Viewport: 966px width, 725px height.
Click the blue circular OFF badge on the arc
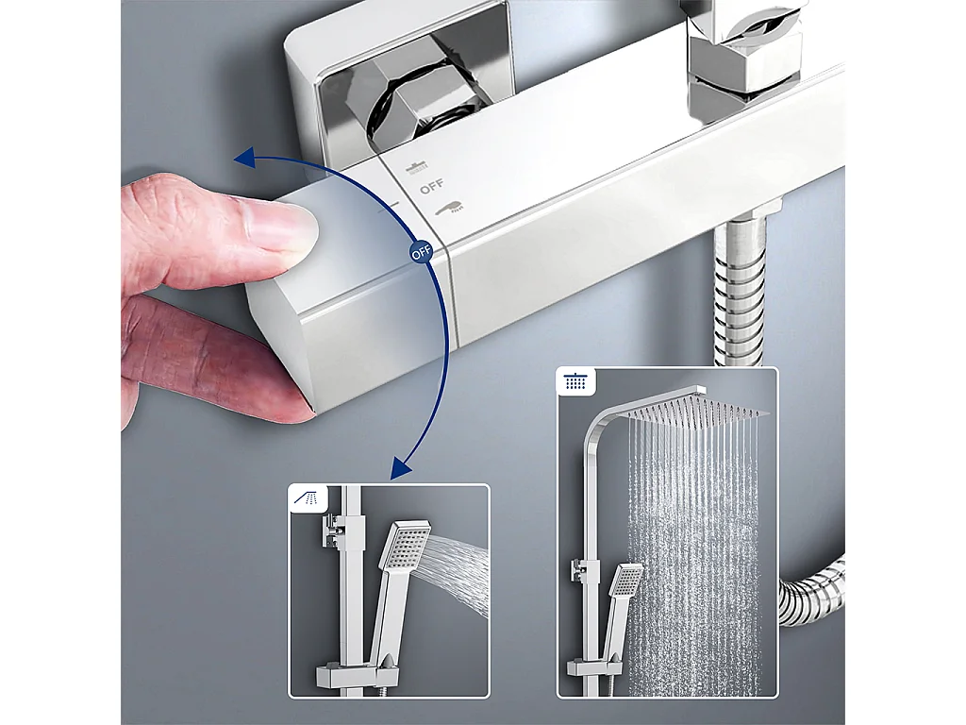coord(420,253)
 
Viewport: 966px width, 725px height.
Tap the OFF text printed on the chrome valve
coord(431,187)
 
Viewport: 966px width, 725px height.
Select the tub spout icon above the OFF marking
coord(417,167)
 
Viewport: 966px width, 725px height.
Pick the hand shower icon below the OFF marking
coord(452,206)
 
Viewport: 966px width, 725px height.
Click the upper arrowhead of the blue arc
coord(245,158)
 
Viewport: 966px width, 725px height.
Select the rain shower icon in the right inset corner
coord(574,382)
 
